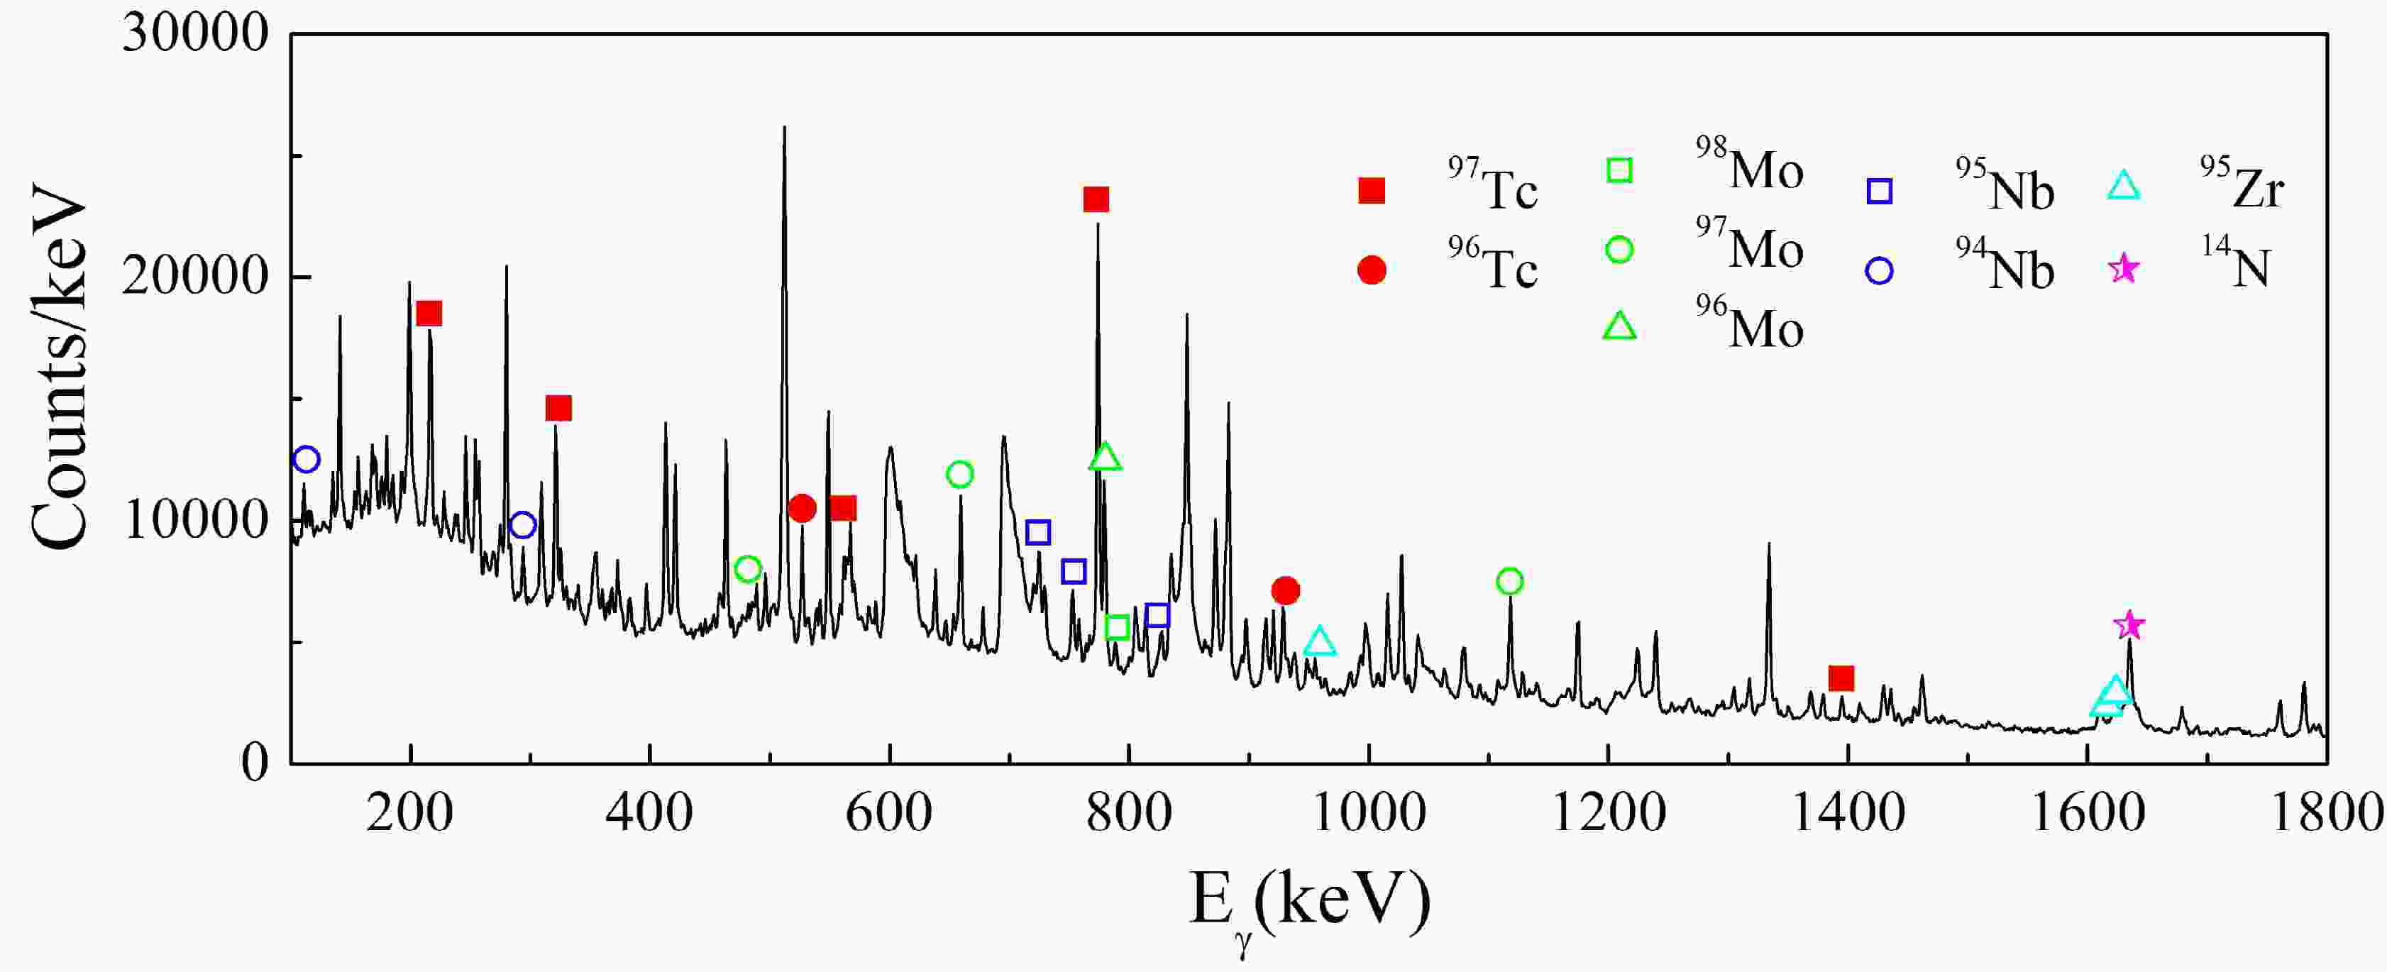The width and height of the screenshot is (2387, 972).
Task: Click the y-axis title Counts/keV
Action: click(x=57, y=366)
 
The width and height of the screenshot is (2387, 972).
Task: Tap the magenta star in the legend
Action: click(x=2123, y=270)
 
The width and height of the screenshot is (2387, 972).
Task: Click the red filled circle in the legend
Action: click(x=1372, y=270)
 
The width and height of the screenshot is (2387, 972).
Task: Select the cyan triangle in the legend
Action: click(x=2123, y=188)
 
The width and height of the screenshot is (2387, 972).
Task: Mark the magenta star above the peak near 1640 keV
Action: click(x=2129, y=626)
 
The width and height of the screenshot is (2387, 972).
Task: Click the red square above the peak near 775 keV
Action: click(x=1096, y=199)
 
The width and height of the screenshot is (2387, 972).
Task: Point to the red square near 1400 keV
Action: click(x=1841, y=678)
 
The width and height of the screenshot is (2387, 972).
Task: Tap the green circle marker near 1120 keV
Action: click(x=1509, y=582)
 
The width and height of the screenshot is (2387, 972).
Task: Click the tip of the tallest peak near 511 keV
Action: click(x=784, y=128)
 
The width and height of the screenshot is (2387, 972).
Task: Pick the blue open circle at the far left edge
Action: click(x=307, y=460)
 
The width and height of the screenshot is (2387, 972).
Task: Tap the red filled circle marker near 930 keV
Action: click(x=1285, y=590)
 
